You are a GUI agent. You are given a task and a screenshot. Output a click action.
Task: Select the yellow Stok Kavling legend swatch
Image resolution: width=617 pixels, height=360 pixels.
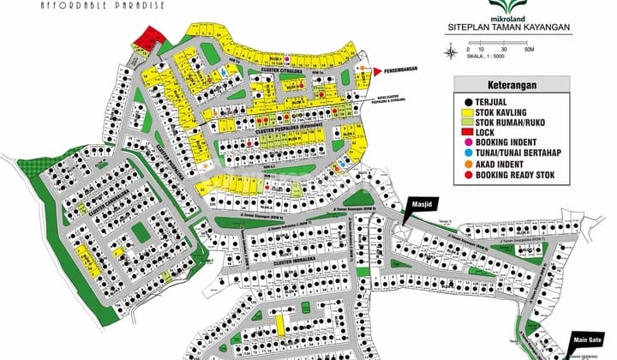[x=467, y=111]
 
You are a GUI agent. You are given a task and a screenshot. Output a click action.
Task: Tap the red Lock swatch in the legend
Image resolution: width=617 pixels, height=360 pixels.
[x=467, y=133]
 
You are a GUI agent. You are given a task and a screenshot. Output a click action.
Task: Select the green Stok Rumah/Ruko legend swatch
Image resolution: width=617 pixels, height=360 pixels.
[x=467, y=123]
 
